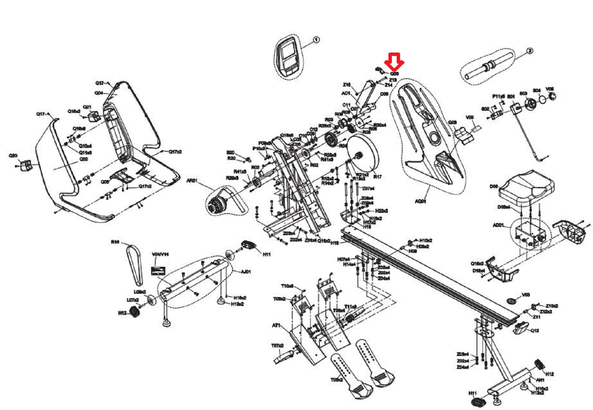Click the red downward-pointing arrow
coord(394,61)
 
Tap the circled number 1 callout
coord(316,40)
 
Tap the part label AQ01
coord(421,201)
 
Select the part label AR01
coord(191,181)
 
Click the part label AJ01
coord(246,272)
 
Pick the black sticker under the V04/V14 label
coord(160,270)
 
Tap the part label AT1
coord(276,325)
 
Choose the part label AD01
coord(498,225)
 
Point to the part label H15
coord(334,243)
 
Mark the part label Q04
coord(99,93)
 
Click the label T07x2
coord(277,346)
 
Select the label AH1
coord(540,380)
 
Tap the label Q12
coord(535,331)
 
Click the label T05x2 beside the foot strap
coord(337,380)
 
